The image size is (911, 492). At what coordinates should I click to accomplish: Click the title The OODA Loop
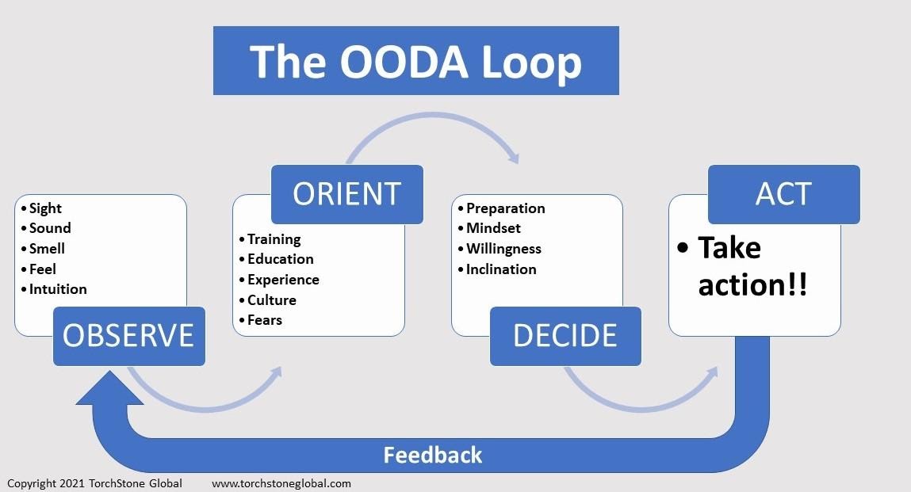[415, 61]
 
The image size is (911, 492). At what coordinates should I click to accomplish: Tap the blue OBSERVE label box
[129, 337]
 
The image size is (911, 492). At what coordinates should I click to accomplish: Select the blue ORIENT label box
[346, 194]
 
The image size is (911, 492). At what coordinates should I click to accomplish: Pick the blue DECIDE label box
[565, 337]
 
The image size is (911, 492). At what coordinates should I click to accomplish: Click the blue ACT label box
[784, 194]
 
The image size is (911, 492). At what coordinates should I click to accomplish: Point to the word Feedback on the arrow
[433, 455]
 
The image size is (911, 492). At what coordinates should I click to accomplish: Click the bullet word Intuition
[58, 288]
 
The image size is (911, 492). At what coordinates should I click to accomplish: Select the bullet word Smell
[47, 249]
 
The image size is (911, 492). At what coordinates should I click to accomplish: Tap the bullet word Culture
[272, 299]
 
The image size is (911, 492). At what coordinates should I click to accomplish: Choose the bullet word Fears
[265, 320]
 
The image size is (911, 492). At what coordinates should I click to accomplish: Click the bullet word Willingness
[503, 250]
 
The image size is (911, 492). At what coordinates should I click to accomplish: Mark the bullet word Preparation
[506, 208]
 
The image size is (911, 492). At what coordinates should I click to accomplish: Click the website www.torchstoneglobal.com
[281, 483]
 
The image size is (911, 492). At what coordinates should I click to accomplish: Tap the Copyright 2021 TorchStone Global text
[94, 483]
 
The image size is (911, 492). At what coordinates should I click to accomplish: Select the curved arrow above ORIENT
[433, 116]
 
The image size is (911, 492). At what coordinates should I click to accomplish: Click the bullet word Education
[281, 259]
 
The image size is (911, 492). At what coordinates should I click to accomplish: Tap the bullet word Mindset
[493, 228]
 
